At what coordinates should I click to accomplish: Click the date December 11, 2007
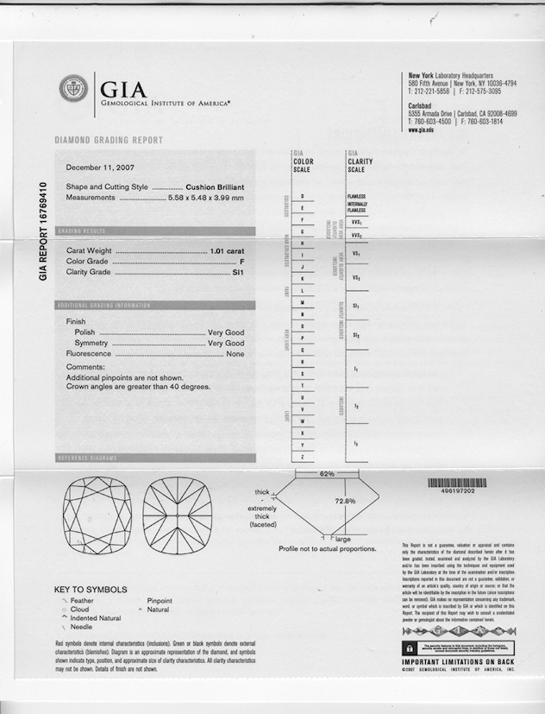coord(100,167)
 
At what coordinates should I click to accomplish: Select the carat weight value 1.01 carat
coord(228,250)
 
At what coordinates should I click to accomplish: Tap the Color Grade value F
coord(242,261)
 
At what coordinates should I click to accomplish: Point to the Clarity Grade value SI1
coord(239,272)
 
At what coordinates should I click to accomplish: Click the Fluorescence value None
coord(235,354)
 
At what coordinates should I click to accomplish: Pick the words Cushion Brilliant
coord(216,186)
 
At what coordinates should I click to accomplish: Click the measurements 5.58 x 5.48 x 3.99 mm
coord(206,198)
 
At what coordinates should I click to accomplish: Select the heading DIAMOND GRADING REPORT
coord(109,140)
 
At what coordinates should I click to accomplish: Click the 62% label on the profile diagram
coord(327,474)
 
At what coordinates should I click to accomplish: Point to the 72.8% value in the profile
coord(345,501)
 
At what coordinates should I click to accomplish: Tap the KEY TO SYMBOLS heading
coord(91,591)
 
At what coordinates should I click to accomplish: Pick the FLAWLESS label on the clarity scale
coord(356,197)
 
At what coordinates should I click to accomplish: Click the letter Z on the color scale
coord(303,456)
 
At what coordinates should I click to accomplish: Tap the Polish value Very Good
coord(226,332)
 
